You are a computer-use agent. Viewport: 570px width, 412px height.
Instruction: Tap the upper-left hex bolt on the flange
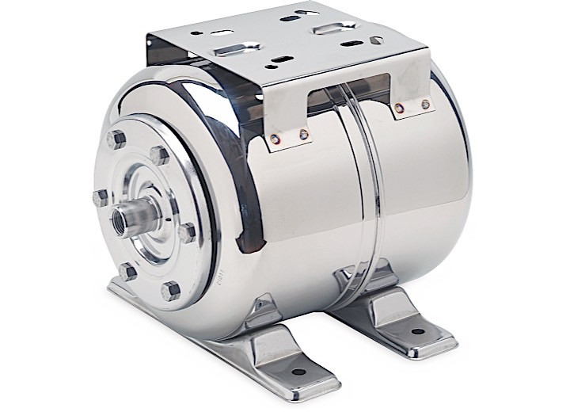point(117,140)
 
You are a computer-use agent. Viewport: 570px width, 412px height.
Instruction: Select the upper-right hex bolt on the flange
point(160,154)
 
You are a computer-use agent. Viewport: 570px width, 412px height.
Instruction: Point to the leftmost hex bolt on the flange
point(100,196)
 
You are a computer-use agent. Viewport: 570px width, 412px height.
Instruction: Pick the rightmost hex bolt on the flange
point(188,233)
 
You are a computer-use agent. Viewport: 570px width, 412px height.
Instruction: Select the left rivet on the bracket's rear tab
point(399,107)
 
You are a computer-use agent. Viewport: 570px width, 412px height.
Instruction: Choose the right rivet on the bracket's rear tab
point(426,104)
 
